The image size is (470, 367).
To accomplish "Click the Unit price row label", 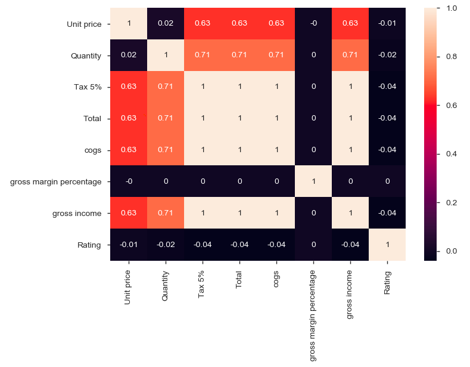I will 84,24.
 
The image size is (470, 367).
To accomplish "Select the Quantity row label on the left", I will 86,56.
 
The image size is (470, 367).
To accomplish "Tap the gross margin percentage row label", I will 56,181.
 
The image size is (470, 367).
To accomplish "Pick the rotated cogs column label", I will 276,280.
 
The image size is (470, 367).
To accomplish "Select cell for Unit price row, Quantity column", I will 166,24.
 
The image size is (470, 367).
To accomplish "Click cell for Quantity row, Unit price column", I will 129,56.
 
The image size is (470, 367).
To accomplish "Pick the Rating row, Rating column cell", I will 387,245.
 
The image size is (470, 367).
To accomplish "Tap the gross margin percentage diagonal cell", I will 313,181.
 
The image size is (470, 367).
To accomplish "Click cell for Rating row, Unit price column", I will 129,245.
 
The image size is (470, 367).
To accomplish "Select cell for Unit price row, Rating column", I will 387,24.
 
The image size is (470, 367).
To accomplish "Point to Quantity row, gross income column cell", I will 350,56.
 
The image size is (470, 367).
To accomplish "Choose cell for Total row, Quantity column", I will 166,119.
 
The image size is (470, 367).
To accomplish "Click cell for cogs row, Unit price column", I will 129,150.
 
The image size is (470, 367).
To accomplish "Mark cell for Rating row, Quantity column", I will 166,245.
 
